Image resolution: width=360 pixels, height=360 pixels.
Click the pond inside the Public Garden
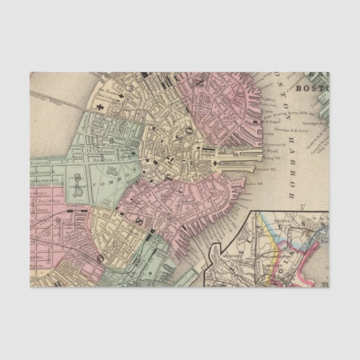pyautogui.click(x=78, y=192)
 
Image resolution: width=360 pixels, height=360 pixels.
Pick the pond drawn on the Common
pyautogui.click(x=111, y=168)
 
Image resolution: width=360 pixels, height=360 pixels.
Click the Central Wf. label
pyautogui.click(x=265, y=167)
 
